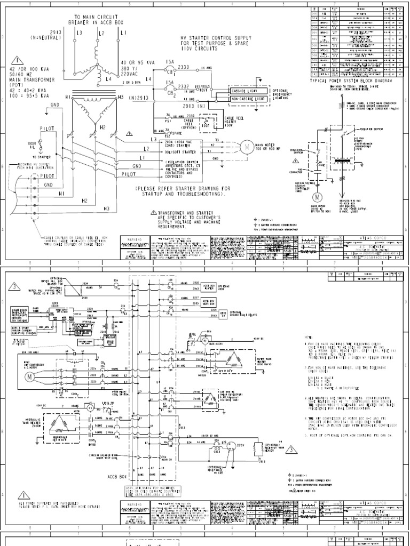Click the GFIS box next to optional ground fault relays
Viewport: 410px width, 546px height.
tap(223, 312)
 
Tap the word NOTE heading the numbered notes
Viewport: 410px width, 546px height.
tap(307, 338)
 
